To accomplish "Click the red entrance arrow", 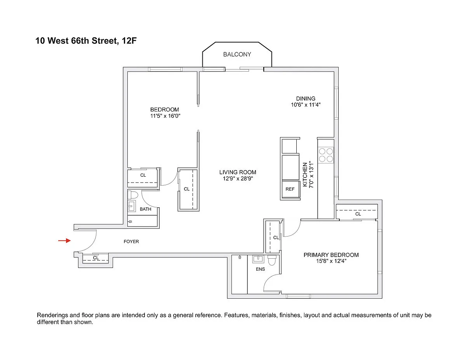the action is click(x=64, y=240).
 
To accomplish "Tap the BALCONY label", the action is click(x=237, y=54).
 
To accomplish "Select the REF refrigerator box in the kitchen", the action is click(x=290, y=189).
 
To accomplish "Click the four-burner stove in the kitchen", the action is click(x=326, y=155).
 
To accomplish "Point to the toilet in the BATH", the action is click(x=133, y=195).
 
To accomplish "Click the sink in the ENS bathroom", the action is click(x=258, y=259).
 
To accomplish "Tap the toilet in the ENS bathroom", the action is click(x=272, y=261).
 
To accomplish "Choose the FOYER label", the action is click(x=131, y=242).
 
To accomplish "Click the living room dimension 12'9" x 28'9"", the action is click(x=238, y=179).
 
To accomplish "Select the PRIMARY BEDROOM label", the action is click(x=331, y=255).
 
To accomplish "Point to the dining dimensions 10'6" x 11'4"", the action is click(x=306, y=105).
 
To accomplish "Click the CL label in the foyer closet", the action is click(x=96, y=258).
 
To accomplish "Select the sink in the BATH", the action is click(x=132, y=206).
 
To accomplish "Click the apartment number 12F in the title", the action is click(x=129, y=41).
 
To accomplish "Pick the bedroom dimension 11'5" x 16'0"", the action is click(x=165, y=116).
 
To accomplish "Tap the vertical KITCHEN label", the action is click(x=305, y=174).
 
